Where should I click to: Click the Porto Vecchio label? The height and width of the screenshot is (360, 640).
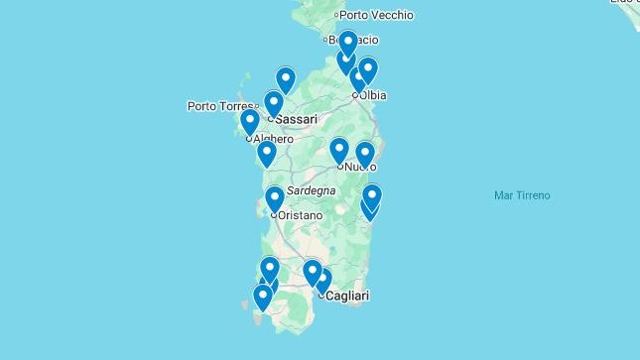(x=377, y=15)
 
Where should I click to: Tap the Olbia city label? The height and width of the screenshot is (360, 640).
(x=372, y=95)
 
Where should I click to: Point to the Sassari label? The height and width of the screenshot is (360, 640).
(x=296, y=120)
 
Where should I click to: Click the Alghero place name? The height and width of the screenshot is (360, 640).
(x=273, y=140)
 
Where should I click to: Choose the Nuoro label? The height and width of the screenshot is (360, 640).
(x=360, y=167)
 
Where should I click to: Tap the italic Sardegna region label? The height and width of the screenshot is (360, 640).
(x=311, y=190)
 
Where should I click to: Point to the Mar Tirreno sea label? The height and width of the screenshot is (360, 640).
(x=522, y=195)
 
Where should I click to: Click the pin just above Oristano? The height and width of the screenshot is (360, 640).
(x=275, y=198)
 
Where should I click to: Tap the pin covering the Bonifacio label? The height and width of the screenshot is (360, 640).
(x=347, y=43)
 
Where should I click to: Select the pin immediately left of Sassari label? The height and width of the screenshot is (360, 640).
(x=274, y=102)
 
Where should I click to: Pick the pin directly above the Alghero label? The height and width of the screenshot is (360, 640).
(x=250, y=121)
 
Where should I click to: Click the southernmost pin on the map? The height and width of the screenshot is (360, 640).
(x=263, y=296)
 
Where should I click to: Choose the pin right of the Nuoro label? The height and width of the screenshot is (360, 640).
(x=364, y=154)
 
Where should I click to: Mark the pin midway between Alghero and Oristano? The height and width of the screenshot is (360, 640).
(x=266, y=153)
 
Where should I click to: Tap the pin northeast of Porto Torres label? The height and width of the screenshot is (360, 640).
(x=286, y=79)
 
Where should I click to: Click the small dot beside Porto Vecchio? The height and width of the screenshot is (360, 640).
(x=337, y=15)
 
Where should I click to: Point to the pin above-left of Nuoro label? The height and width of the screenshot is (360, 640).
(x=339, y=150)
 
